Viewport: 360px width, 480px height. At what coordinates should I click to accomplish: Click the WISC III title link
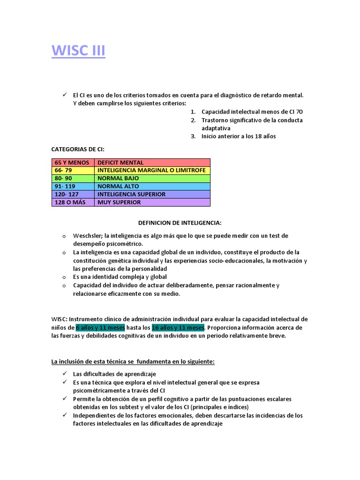coord(78,50)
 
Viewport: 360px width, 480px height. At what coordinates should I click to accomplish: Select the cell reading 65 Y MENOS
coord(72,163)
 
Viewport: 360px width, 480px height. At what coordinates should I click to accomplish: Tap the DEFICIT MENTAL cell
coord(152,163)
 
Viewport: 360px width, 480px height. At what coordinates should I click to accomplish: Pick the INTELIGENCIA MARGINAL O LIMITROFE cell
coord(152,170)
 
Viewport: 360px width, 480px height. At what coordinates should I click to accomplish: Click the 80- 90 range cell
coord(72,179)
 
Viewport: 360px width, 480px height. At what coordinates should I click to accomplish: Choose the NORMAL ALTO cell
coord(152,186)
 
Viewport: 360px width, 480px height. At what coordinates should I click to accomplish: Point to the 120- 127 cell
coord(72,194)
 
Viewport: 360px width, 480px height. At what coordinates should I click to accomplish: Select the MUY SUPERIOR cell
coord(152,202)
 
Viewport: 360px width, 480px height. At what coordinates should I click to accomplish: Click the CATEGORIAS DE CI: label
coord(78,150)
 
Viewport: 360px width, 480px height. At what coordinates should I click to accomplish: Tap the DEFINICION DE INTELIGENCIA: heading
coord(180,223)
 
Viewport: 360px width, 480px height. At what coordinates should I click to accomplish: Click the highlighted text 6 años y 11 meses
coord(100,327)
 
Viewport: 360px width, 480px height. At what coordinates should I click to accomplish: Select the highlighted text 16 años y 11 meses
coord(178,327)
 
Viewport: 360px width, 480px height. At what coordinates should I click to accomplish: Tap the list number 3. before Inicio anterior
coord(193,136)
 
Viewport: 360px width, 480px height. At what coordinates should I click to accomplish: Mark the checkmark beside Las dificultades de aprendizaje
coord(64,374)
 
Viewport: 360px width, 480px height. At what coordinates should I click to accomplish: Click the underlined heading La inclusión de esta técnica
coord(133,361)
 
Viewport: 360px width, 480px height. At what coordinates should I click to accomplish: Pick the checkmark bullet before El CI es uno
coord(64,95)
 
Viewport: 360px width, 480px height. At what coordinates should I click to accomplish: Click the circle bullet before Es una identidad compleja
coord(63,277)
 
